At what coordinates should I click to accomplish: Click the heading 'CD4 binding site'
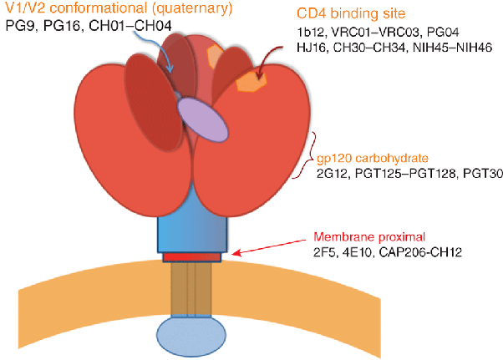355,14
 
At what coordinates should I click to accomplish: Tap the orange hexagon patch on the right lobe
251,82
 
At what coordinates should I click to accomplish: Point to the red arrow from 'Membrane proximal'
276,245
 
